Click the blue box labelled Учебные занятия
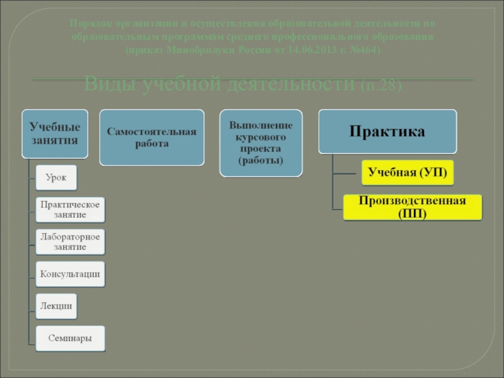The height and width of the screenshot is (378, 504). (56, 134)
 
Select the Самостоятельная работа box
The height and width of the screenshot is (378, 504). (151, 137)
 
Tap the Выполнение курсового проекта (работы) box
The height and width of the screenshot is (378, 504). (260, 143)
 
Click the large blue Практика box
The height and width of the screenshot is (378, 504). (387, 132)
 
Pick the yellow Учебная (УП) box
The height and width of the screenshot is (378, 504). (407, 172)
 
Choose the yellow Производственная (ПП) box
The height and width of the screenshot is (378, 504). (412, 207)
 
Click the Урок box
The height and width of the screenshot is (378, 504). (56, 178)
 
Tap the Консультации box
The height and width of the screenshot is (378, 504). (69, 274)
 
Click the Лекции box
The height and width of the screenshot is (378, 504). (56, 306)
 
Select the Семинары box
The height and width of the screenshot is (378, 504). (70, 338)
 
